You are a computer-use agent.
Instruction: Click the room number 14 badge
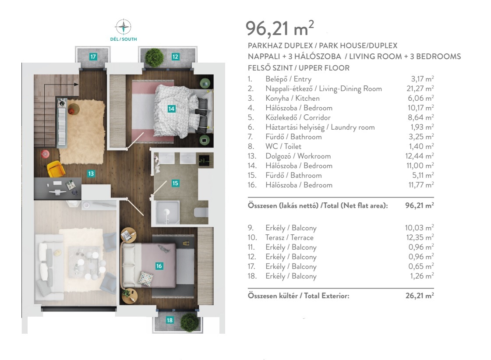(171, 109)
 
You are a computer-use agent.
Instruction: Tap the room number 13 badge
(91, 173)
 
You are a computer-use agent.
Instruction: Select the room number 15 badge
(175, 183)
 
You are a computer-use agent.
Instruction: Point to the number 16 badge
(159, 266)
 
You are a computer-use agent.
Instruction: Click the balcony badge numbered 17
(93, 56)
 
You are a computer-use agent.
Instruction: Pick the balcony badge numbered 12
(175, 56)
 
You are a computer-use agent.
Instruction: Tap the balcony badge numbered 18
(170, 320)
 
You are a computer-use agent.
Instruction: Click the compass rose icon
(124, 27)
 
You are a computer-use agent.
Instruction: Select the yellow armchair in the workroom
(56, 169)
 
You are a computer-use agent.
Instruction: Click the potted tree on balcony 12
(154, 57)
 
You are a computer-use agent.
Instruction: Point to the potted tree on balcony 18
(190, 322)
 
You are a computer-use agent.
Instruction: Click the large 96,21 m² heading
(279, 28)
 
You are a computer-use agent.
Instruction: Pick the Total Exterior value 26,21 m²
(420, 296)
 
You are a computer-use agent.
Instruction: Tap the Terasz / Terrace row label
(290, 238)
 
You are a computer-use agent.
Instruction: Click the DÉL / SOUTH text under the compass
(124, 39)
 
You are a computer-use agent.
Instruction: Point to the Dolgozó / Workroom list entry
(298, 156)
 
